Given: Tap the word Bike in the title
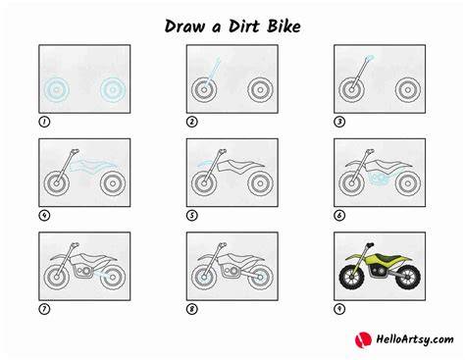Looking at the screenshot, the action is pyautogui.click(x=284, y=26).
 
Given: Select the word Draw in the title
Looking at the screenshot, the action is pyautogui.click(x=184, y=26).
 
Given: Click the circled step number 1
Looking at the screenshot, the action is pyautogui.click(x=44, y=122).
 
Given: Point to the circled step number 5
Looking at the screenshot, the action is pyautogui.click(x=192, y=216).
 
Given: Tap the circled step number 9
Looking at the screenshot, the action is pyautogui.click(x=339, y=309).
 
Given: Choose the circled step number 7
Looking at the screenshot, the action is pyautogui.click(x=44, y=309).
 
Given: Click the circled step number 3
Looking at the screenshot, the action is pyautogui.click(x=339, y=122).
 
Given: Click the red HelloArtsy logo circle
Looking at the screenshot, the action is pyautogui.click(x=363, y=339).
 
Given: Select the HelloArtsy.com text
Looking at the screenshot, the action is pyautogui.click(x=415, y=339).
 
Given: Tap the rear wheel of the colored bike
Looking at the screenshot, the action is pyautogui.click(x=408, y=277).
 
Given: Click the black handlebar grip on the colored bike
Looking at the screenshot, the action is pyautogui.click(x=370, y=244).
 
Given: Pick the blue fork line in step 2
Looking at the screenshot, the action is pyautogui.click(x=213, y=74).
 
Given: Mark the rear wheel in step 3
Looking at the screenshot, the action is pyautogui.click(x=408, y=89).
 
